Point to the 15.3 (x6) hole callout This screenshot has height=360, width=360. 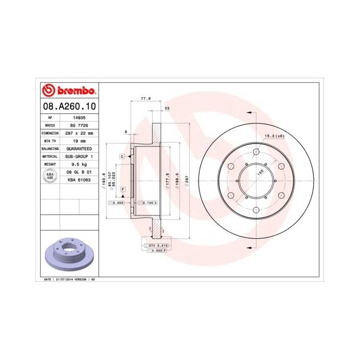tap(274, 136)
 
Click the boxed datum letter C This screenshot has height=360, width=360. tap(122, 156)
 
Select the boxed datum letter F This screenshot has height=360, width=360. tap(123, 190)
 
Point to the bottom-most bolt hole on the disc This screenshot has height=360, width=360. tap(257, 210)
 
